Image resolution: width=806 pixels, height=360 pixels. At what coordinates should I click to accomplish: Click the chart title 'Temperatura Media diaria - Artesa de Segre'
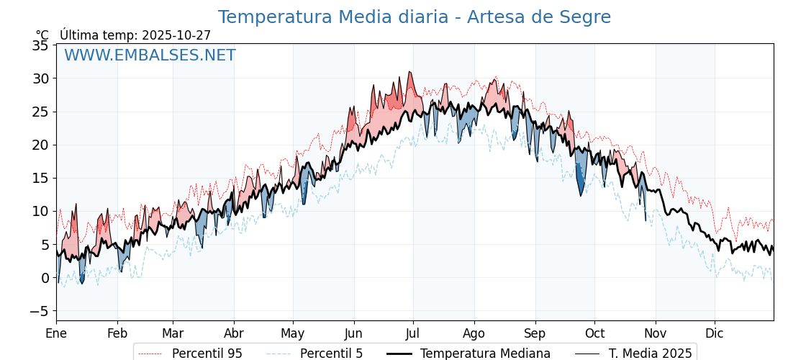coord(414,17)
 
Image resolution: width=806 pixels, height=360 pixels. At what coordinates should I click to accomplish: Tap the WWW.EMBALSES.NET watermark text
coord(150,55)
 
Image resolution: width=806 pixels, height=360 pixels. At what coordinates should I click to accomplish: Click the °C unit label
coord(42,35)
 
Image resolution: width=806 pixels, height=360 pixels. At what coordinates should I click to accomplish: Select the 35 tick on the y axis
coord(41,45)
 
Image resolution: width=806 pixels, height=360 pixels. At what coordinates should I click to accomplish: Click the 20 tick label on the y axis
coord(41,145)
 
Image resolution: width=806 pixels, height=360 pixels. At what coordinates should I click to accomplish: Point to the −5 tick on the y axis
coord(39,311)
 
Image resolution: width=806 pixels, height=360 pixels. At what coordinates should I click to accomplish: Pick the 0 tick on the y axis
coord(45,278)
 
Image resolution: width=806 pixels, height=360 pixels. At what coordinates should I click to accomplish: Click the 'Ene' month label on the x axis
coord(56,333)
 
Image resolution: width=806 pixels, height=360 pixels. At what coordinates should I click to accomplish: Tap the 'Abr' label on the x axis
coord(234,333)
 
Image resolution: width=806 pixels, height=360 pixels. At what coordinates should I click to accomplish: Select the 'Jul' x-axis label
coord(413,333)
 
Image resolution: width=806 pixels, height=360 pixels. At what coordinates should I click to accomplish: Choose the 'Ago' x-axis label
coord(474,333)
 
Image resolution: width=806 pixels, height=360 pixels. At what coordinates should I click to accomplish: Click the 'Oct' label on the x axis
coord(594,333)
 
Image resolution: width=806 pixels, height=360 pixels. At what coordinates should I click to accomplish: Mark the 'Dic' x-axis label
coord(715,333)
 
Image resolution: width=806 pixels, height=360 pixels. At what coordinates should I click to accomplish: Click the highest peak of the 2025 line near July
coord(409,72)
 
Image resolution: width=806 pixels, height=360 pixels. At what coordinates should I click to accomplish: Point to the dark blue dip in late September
coord(580,189)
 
